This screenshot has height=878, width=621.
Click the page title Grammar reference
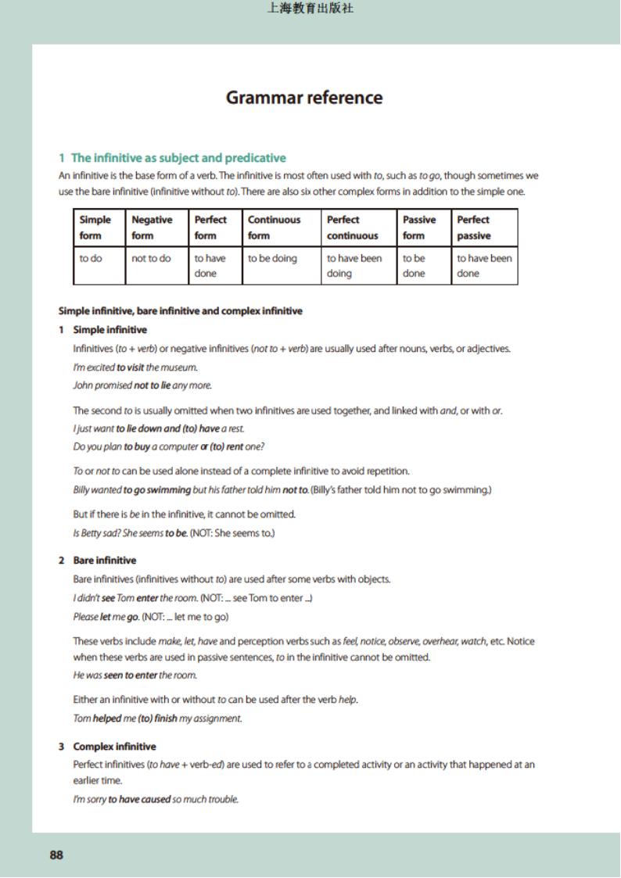(x=304, y=98)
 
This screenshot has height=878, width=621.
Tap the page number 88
(x=56, y=855)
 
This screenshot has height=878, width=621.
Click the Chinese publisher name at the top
(x=310, y=9)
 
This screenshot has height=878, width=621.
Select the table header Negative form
(x=152, y=228)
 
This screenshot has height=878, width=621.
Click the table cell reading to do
(x=91, y=258)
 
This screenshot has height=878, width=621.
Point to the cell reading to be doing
(x=272, y=258)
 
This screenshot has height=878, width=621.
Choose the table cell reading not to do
(x=151, y=258)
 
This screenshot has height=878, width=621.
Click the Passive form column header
(x=419, y=228)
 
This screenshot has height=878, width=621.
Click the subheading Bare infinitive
(x=104, y=561)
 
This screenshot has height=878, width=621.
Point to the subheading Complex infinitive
(x=114, y=747)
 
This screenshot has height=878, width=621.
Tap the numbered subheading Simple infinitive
(x=109, y=330)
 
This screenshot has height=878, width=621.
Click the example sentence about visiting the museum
(x=135, y=367)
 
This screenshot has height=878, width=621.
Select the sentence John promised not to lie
(x=142, y=385)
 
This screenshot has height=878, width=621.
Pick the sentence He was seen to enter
(x=135, y=676)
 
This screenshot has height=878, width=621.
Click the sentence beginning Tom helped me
(x=157, y=719)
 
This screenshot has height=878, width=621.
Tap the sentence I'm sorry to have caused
(x=156, y=799)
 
